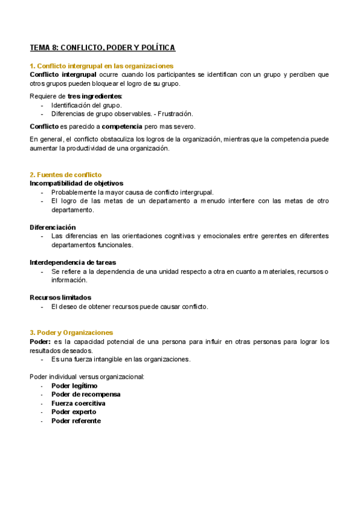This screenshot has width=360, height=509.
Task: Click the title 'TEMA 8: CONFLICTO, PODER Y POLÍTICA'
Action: tap(103, 47)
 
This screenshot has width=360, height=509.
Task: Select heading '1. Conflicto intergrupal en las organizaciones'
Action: tap(101, 66)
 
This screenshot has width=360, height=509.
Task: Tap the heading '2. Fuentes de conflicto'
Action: tap(65, 175)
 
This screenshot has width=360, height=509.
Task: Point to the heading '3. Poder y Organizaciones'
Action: tap(71, 333)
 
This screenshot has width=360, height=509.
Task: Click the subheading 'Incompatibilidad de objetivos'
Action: tap(76, 183)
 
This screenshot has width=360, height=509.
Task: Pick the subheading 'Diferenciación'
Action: tap(53, 227)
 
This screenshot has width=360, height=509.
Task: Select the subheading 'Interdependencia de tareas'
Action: tap(73, 262)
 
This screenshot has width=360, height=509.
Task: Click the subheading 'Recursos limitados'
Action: tap(60, 297)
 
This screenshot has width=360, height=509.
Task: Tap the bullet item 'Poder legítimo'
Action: tap(74, 385)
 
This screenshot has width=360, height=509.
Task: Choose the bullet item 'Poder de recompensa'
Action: tap(86, 394)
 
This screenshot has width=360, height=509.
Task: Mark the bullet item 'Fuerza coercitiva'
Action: tap(79, 403)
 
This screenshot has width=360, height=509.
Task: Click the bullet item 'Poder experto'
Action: tap(74, 412)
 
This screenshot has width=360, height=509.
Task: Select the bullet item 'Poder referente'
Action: tap(76, 421)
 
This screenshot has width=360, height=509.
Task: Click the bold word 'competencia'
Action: tap(122, 127)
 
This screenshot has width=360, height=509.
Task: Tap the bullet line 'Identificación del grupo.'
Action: tap(86, 105)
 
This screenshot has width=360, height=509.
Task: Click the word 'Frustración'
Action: tap(174, 113)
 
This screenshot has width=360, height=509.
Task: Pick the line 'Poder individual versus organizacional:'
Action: tap(87, 376)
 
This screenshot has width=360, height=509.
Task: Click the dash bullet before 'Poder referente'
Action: tap(42, 421)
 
